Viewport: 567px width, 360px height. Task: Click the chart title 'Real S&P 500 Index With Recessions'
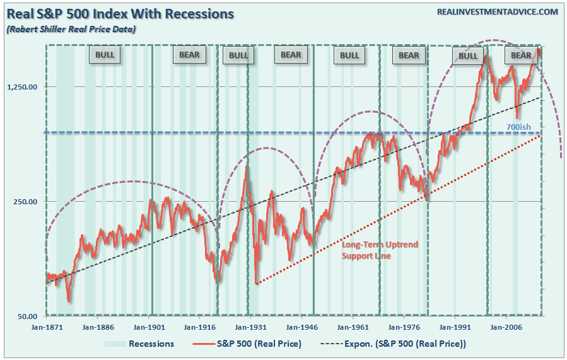tap(120, 13)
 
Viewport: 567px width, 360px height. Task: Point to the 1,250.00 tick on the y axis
tap(23, 87)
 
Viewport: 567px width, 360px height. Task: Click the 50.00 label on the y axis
tap(28, 316)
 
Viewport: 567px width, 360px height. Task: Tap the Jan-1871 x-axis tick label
tap(47, 327)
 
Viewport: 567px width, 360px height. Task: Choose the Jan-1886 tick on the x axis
tap(97, 327)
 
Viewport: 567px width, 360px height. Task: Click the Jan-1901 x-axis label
tap(148, 327)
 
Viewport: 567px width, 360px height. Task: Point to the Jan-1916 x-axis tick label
tap(198, 327)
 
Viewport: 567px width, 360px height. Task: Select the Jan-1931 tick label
tap(248, 327)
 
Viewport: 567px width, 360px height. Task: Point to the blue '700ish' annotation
tap(519, 127)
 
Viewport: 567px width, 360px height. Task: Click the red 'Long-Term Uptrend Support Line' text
tap(380, 250)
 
